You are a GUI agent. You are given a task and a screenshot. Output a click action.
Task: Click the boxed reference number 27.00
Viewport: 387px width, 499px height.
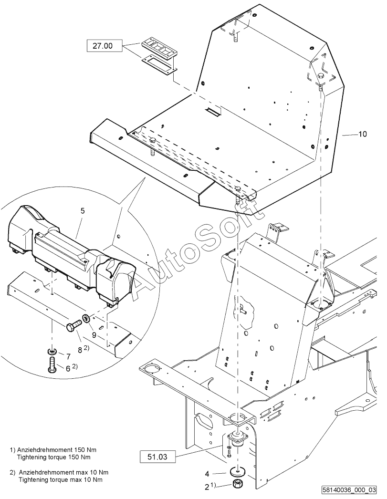pos(103,46)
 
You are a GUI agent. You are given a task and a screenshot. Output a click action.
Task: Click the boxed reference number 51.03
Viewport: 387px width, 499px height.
pos(157,457)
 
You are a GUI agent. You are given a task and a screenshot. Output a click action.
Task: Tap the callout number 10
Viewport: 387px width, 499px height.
pos(363,134)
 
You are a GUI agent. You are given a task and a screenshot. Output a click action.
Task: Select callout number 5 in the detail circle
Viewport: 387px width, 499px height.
pos(83,211)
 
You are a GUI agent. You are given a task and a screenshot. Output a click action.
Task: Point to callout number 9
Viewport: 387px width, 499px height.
pos(94,335)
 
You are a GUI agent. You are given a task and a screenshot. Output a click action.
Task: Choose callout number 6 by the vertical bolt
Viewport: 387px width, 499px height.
pos(68,368)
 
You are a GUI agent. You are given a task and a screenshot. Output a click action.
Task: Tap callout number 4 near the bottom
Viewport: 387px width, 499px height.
pos(207,474)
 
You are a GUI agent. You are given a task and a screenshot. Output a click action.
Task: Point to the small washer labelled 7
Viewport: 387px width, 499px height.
pos(52,351)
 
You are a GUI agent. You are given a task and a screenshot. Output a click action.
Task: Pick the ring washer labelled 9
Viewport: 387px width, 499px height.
pos(85,318)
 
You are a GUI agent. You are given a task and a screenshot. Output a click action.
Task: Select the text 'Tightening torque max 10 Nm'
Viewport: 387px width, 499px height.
pos(61,479)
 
